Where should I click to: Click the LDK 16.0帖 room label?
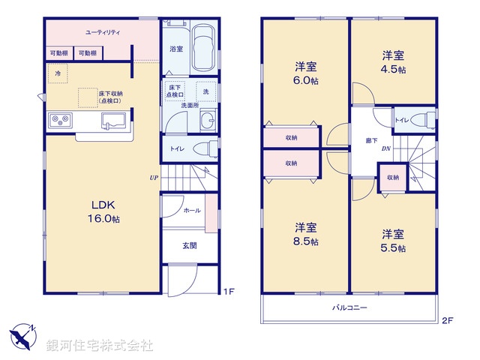click(x=103, y=211)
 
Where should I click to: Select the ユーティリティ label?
click(x=103, y=32)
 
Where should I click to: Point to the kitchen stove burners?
click(x=60, y=120)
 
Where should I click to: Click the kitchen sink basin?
click(x=114, y=120)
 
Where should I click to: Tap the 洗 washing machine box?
click(x=205, y=91)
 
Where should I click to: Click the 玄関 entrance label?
click(x=190, y=245)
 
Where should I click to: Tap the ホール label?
click(x=191, y=211)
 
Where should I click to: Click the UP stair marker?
click(x=153, y=178)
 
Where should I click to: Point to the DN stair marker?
click(x=385, y=148)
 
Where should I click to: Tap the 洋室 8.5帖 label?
click(x=305, y=233)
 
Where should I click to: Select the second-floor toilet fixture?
click(x=423, y=120)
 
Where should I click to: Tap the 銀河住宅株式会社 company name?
click(x=100, y=345)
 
